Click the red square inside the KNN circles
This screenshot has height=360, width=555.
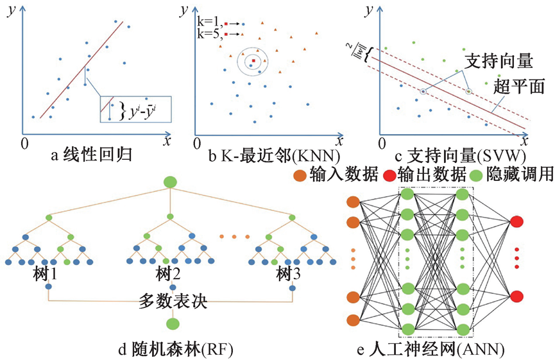[254, 61]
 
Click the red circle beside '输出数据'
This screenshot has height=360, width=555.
[389, 175]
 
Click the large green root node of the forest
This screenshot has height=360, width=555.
[170, 182]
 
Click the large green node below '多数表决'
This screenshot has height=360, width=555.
[171, 324]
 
